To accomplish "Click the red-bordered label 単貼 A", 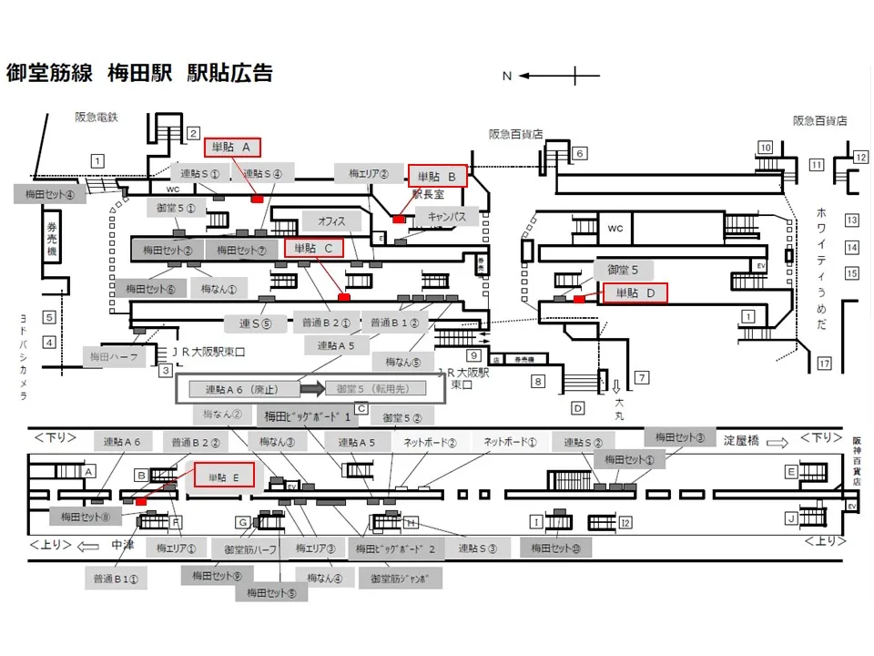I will point(235,147).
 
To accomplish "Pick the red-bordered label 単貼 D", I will point(635,292).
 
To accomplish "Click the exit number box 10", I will point(766,148).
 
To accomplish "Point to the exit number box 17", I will point(825,364).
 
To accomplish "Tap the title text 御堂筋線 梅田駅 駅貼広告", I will point(139,74).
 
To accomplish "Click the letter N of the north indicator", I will point(507,77).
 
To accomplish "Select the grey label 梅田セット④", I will point(50,193).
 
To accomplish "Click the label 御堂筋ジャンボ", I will point(400,579).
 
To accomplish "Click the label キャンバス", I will point(446,217).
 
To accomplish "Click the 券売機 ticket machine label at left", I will point(52,239).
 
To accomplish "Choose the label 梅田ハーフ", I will point(114,357).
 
